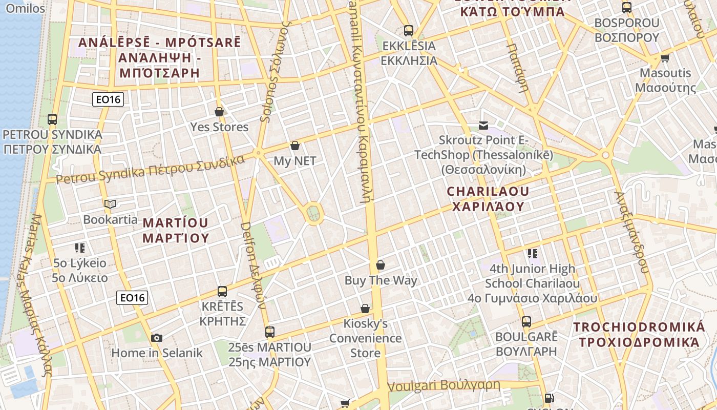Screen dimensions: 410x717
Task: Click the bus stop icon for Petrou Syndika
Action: coord(52,119)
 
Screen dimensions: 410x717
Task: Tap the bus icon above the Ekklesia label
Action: coord(408,31)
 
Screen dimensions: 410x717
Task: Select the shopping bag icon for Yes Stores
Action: coord(219,112)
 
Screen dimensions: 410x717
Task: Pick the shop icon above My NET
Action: coord(294,146)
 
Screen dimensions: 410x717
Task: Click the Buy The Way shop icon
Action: coord(381,265)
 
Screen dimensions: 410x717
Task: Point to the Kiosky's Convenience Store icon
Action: coord(365,309)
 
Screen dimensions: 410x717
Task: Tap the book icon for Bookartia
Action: coord(110,204)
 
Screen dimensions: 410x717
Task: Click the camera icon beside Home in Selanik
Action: coord(157,338)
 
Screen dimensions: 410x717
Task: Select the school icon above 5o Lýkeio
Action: coord(80,248)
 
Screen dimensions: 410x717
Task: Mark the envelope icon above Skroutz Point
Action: coord(483,125)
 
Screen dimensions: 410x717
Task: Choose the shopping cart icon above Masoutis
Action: coord(665,58)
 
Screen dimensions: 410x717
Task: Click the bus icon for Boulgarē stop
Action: coord(526,322)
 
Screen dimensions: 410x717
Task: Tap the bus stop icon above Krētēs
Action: coord(222,292)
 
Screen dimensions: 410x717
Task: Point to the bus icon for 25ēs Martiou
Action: coord(269,332)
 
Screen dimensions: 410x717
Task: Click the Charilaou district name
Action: coord(488,199)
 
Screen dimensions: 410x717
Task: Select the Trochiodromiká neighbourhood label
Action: coord(639,335)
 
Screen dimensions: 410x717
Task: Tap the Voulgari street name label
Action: coord(444,385)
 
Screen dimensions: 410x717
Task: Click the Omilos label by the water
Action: coord(26,8)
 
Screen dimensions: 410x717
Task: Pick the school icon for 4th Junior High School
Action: coord(533,253)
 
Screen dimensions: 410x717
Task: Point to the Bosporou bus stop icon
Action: coord(626,8)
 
